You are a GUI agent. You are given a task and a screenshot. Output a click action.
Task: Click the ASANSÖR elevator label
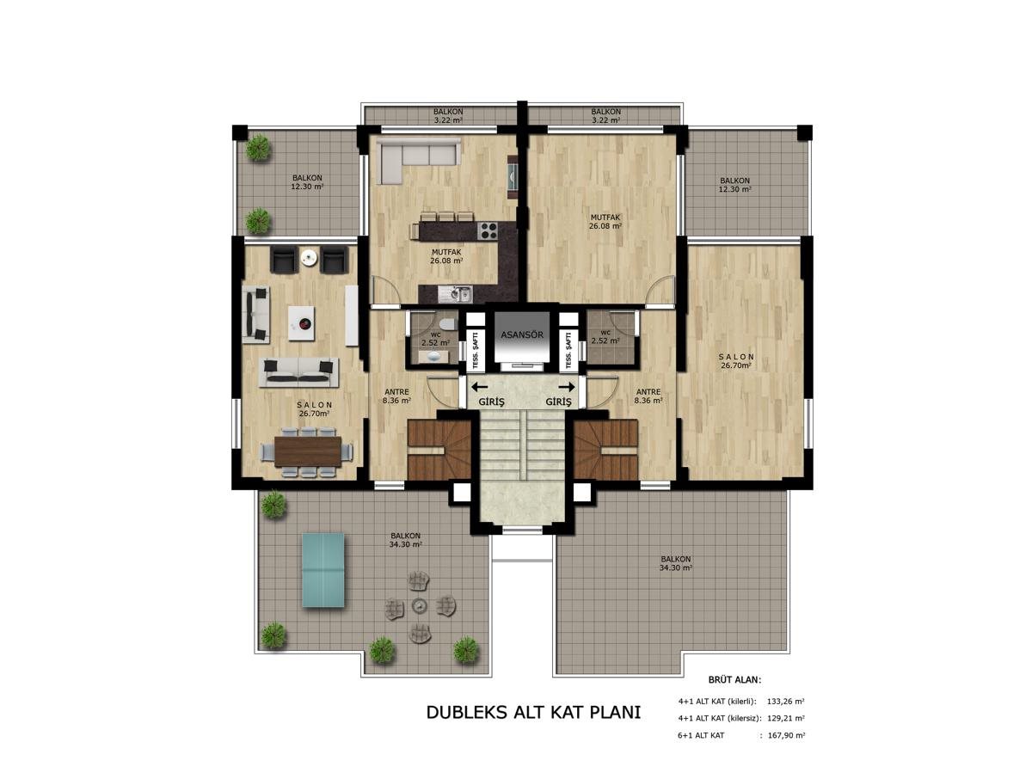coord(521,335)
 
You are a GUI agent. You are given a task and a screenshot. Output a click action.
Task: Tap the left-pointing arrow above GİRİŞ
coord(479,387)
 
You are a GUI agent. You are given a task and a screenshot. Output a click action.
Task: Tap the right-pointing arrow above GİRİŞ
coord(567,387)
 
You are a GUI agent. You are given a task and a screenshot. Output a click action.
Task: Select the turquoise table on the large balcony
coord(322,569)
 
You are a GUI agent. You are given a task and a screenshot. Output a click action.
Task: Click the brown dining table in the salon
coord(308,451)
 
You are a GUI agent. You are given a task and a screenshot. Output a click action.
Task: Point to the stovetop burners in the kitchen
coord(488,230)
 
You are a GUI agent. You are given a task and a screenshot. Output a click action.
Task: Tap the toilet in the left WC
coord(445,324)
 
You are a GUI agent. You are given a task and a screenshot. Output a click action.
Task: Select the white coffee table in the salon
coord(301,322)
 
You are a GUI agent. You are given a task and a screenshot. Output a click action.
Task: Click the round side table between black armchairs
coord(308,257)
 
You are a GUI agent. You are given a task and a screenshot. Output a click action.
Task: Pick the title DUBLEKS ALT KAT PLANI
coord(533,713)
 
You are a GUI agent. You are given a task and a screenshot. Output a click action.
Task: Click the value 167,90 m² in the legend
coord(786,735)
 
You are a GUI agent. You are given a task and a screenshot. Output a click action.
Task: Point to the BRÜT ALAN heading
coord(734,680)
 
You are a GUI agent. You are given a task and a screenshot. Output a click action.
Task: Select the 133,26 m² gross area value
coord(786,702)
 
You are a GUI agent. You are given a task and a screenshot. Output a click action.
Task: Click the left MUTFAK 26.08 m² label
coord(446,256)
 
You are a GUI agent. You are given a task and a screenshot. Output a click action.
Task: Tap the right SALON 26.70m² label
coord(736,361)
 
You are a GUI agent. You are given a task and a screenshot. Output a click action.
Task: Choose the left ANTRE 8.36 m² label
coord(396,396)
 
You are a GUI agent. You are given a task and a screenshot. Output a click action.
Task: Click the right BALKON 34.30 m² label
coord(676,563)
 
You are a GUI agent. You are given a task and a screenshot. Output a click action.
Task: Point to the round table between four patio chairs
coord(419,605)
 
